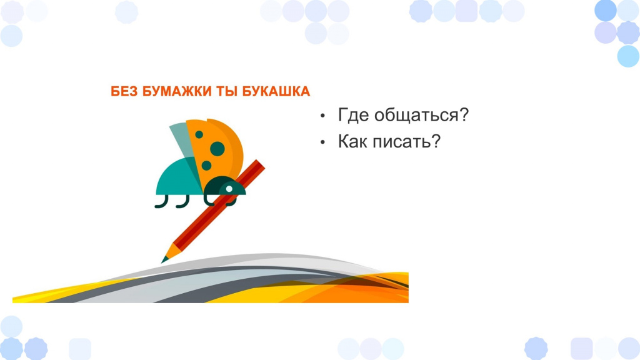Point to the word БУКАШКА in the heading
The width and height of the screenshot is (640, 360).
pyautogui.click(x=276, y=91)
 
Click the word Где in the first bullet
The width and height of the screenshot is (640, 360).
pyautogui.click(x=354, y=115)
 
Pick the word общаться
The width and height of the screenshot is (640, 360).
pyautogui.click(x=421, y=116)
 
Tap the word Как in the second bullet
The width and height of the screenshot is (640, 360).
pyautogui.click(x=352, y=142)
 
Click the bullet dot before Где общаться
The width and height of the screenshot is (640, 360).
pyautogui.click(x=322, y=116)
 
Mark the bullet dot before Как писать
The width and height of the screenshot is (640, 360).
pyautogui.click(x=322, y=142)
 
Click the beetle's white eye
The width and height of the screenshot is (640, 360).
pyautogui.click(x=229, y=189)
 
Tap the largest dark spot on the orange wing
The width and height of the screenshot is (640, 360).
pyautogui.click(x=217, y=149)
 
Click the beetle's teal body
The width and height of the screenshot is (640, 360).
pyautogui.click(x=177, y=179)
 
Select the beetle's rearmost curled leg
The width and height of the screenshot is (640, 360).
pyautogui.click(x=161, y=202)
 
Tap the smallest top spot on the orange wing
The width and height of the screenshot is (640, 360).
pyautogui.click(x=199, y=134)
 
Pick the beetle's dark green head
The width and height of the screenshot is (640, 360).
pyautogui.click(x=224, y=186)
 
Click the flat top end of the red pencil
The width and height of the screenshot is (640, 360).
pyautogui.click(x=261, y=164)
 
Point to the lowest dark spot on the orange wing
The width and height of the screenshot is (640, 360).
pyautogui.click(x=206, y=165)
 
